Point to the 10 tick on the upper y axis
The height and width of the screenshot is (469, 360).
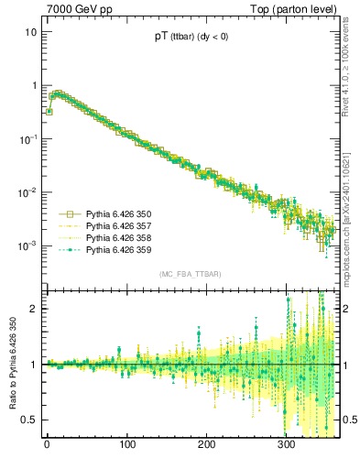click(x=30, y=32)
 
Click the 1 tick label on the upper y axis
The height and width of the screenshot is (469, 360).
click(x=33, y=85)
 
